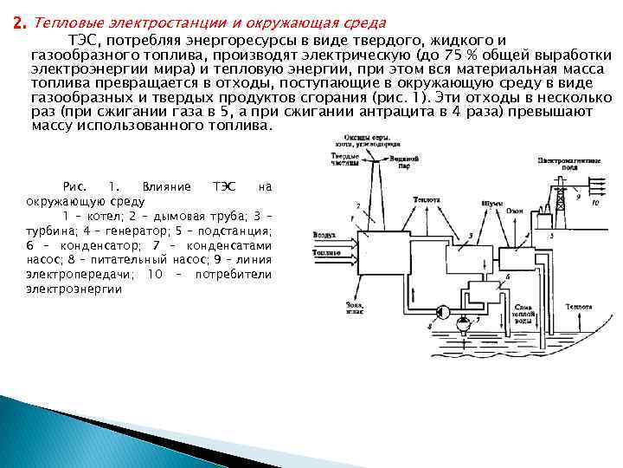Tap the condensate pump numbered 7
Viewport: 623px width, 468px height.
pos(464,322)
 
